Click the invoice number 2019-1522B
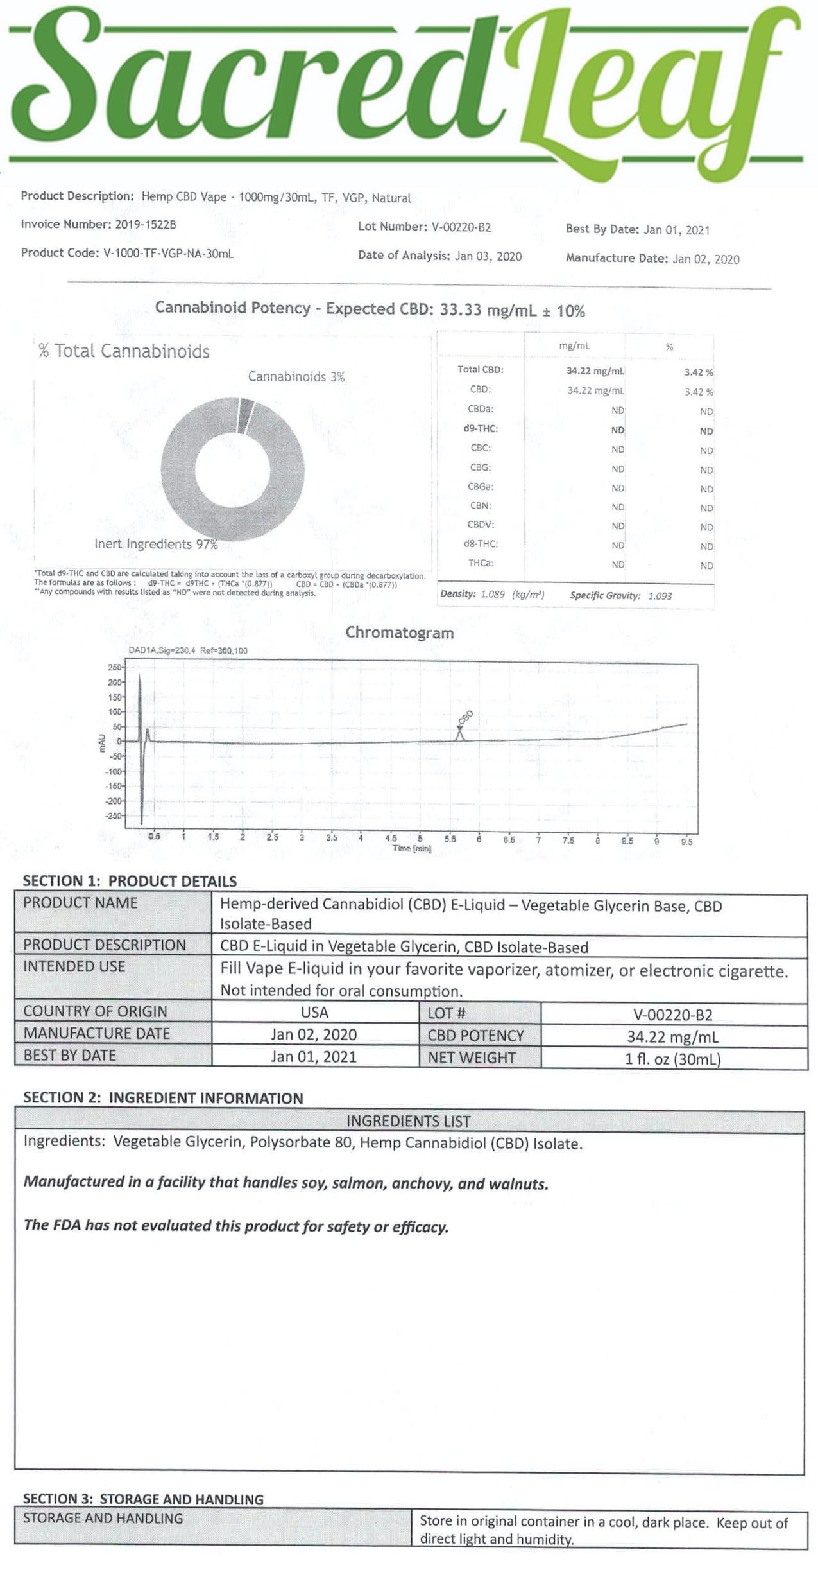(x=146, y=224)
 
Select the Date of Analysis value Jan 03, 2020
(x=488, y=256)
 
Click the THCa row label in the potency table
(x=481, y=563)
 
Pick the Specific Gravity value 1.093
(x=660, y=596)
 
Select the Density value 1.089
(x=492, y=595)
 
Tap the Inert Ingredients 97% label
(x=156, y=545)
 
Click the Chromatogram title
(x=399, y=632)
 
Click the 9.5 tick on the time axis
(x=686, y=841)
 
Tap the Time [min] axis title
(x=412, y=849)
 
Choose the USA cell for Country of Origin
(x=314, y=1013)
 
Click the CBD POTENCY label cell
(x=475, y=1036)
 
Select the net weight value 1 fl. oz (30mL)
(x=673, y=1059)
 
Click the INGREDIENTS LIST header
(x=409, y=1121)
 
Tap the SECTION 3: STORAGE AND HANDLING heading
(x=143, y=1499)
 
